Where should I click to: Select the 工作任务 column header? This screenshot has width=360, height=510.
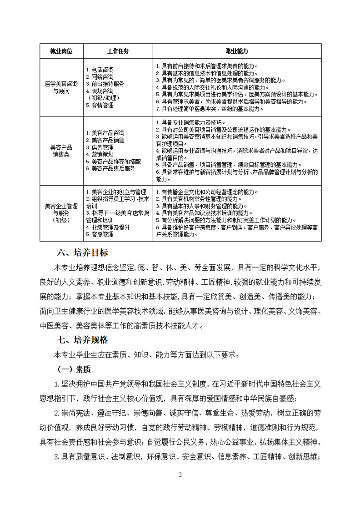click(118, 51)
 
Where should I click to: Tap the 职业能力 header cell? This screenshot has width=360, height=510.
click(237, 51)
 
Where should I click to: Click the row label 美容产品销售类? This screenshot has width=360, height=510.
click(61, 151)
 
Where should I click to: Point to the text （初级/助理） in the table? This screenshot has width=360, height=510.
click(101, 98)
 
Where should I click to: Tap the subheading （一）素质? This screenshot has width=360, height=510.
click(72, 369)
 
